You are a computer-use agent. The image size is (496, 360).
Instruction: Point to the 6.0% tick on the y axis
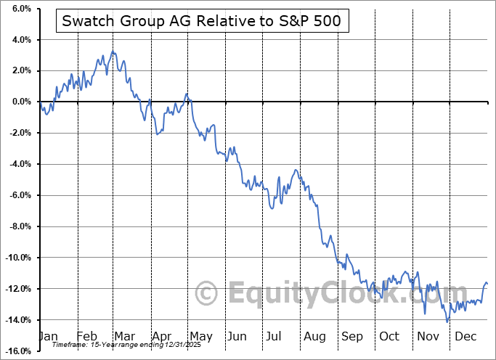pyautogui.click(x=19, y=9)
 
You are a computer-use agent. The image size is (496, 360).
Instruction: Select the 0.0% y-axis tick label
pyautogui.click(x=19, y=102)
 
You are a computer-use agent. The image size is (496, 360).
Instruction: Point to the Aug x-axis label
pyautogui.click(x=315, y=337)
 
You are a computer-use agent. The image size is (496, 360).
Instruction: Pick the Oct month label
pyautogui.click(x=389, y=337)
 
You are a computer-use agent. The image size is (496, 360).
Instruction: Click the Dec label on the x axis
pyautogui.click(x=464, y=337)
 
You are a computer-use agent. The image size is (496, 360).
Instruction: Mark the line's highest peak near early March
pyautogui.click(x=113, y=52)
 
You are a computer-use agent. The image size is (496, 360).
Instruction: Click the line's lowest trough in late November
pyautogui.click(x=447, y=321)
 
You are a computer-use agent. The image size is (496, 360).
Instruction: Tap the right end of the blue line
pyautogui.click(x=487, y=284)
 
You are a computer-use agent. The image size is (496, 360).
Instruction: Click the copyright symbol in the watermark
pyautogui.click(x=208, y=294)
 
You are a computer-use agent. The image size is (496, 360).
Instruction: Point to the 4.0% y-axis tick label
pyautogui.click(x=19, y=40)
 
